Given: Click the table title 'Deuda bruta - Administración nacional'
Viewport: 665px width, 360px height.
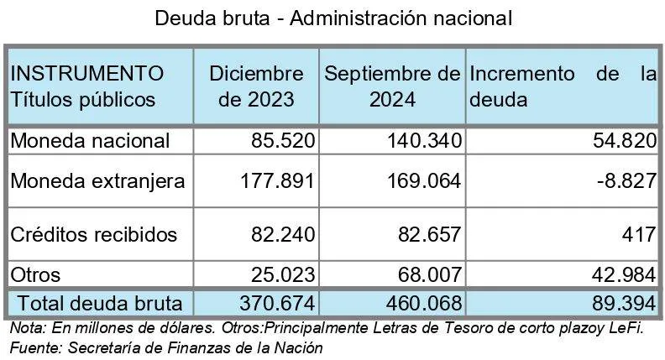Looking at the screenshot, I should (332, 17).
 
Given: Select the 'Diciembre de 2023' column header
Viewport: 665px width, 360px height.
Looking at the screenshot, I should (256, 87).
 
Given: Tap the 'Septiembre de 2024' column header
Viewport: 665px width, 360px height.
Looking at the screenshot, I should (392, 87).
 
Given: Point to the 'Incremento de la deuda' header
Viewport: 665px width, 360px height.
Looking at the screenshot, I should (561, 87).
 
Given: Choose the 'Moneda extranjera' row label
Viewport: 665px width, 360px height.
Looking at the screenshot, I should (97, 180).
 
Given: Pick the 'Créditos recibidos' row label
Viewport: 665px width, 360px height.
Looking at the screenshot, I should (94, 235).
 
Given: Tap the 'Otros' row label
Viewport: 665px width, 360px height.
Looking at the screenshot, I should (36, 274).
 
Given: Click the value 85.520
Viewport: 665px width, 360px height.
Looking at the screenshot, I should (281, 141).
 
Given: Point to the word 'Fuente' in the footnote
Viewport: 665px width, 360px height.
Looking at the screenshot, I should (33, 346).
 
